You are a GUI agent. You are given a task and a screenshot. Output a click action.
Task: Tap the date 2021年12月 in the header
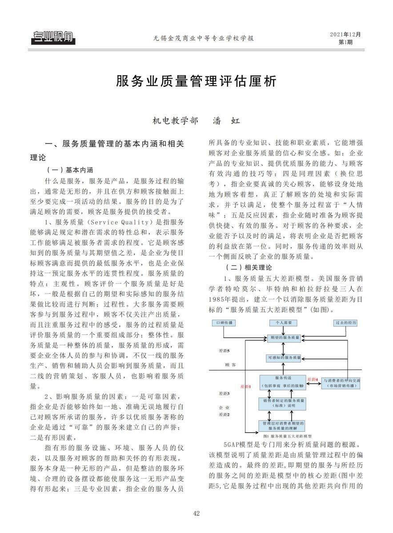[x=345, y=34]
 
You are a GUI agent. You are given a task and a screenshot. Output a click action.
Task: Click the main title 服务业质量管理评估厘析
[x=196, y=82]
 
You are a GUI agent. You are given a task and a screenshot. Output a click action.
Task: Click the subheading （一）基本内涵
[x=69, y=170]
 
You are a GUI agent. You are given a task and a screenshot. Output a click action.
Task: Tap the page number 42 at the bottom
[x=196, y=514]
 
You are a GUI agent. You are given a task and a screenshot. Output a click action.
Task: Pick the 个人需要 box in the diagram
[x=285, y=322]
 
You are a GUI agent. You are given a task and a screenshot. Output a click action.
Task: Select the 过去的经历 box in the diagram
[x=345, y=322]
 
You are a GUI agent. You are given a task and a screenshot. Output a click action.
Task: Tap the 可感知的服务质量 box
[x=285, y=357]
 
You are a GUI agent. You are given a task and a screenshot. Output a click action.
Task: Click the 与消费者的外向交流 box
[x=341, y=383]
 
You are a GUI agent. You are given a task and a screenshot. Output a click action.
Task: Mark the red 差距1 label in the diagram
[x=245, y=386]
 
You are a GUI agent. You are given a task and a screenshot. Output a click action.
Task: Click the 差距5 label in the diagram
[x=224, y=350]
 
